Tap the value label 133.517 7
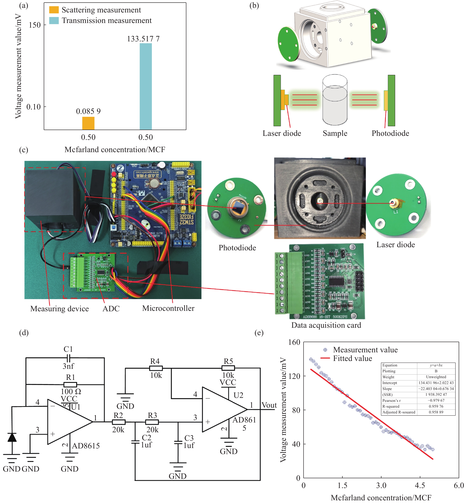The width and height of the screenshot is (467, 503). click(143, 39)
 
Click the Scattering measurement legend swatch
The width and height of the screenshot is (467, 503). click(54, 10)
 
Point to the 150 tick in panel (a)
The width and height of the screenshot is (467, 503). click(35, 25)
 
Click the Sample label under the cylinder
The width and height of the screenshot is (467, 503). click(335, 133)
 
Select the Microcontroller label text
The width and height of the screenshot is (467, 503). click(168, 308)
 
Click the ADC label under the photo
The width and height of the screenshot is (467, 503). click(111, 309)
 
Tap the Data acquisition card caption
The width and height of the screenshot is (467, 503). click(326, 325)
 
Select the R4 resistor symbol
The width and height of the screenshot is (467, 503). click(156, 368)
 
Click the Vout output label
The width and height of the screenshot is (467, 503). click(269, 405)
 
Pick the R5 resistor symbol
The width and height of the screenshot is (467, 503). click(228, 368)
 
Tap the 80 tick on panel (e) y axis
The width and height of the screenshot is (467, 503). click(296, 410)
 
